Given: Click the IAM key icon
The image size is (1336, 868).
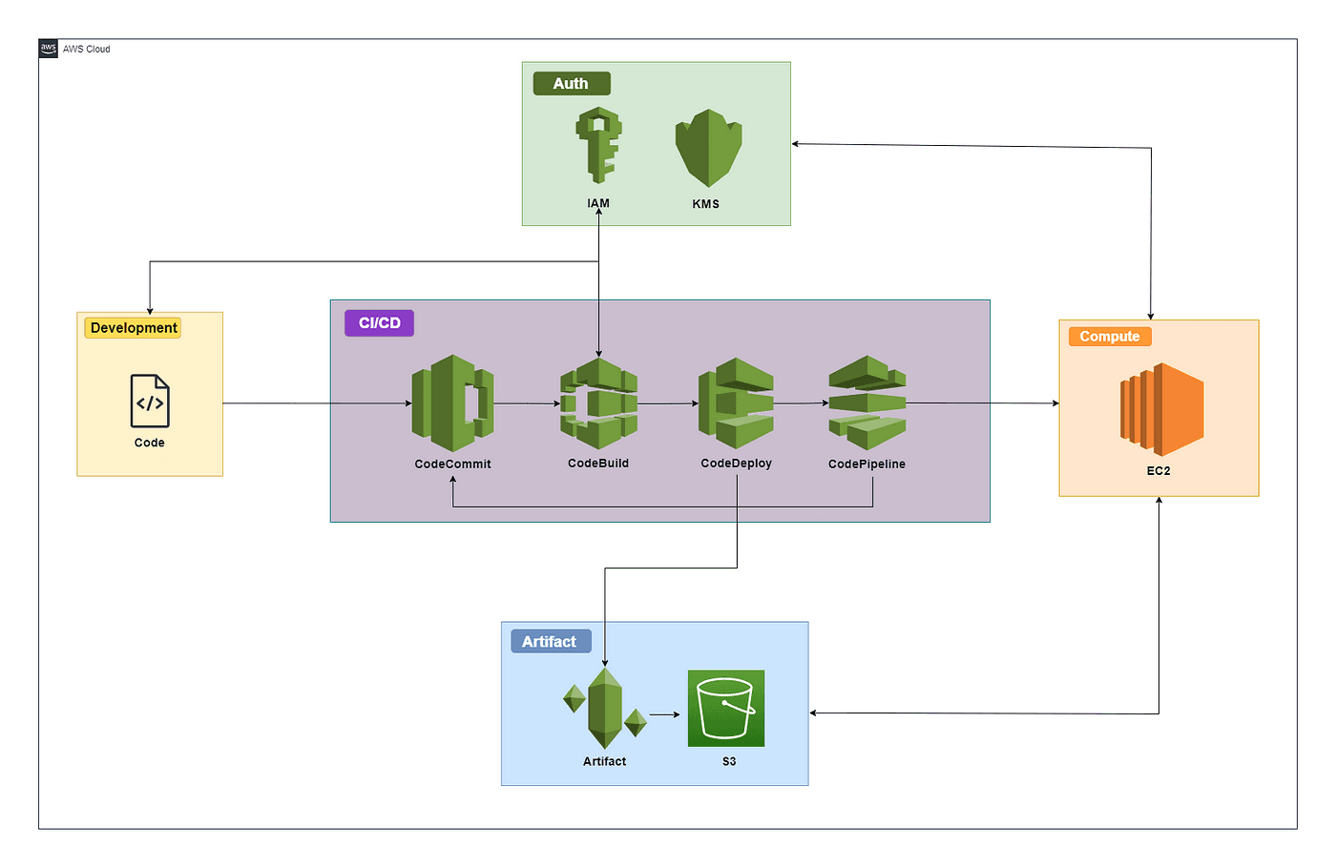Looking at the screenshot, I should [599, 145].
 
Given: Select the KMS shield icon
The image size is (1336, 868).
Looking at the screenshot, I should [708, 148].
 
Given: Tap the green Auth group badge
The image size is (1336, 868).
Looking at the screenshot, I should [571, 84].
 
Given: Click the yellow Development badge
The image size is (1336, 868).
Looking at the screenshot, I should [134, 328].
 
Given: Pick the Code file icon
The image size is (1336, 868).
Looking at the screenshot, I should [150, 401].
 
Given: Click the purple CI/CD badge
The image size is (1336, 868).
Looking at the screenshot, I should [379, 323].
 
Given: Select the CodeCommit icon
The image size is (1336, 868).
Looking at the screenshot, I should [452, 403].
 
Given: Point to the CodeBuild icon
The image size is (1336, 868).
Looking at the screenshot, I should [598, 403].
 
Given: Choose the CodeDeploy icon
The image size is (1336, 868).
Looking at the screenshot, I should [736, 403].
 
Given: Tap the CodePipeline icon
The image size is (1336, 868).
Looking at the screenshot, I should [867, 403].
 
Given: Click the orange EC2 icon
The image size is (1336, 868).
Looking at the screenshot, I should [1161, 409].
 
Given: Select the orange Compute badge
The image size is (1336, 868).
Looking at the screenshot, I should [1110, 337].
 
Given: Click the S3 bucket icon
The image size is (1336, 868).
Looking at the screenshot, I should [726, 709].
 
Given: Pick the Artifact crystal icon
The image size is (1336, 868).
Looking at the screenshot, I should [605, 709].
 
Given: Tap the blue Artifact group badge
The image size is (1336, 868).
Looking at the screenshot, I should [550, 642].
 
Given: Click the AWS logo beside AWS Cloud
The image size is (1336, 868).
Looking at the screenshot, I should [49, 49].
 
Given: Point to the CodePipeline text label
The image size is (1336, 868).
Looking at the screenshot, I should [866, 465].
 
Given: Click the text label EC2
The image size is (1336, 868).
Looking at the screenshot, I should [1159, 471].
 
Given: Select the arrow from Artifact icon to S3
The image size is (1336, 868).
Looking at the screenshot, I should [664, 714].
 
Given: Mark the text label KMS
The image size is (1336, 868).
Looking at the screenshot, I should [706, 204].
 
